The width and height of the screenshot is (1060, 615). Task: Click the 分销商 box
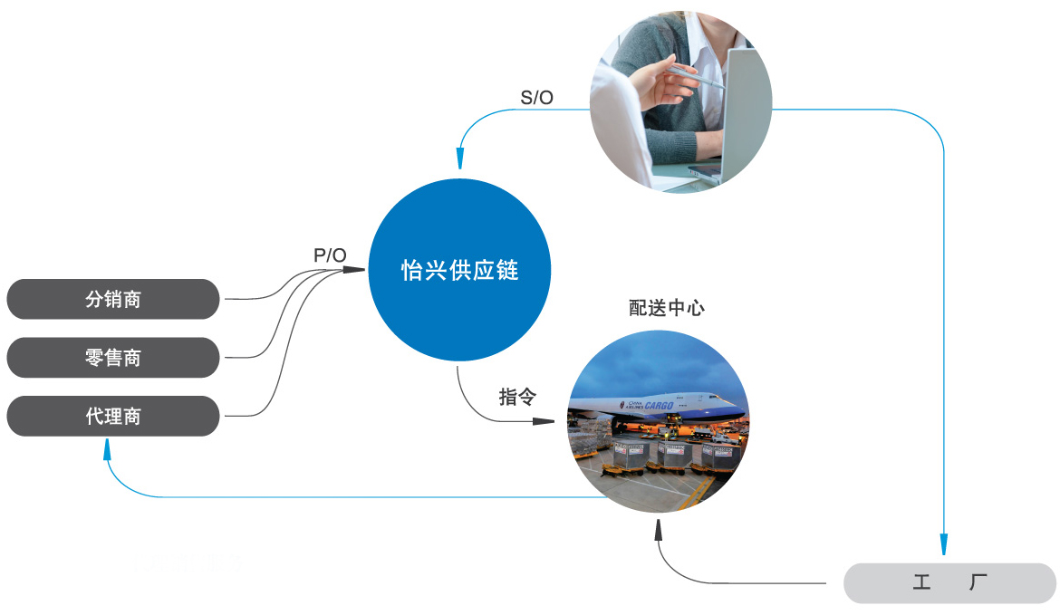113,299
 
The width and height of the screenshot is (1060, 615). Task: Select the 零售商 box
113,358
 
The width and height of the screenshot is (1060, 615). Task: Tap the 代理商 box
113,417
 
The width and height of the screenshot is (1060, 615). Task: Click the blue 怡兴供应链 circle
460,270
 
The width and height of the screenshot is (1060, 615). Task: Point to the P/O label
330,255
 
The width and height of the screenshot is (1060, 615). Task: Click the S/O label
536,98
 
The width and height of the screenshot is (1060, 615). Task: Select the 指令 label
517,397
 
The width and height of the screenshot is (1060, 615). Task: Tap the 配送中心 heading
667,308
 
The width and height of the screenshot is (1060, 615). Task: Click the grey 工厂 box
949,582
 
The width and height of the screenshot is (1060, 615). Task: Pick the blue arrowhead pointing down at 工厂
944,545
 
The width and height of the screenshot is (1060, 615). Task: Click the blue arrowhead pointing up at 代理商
108,448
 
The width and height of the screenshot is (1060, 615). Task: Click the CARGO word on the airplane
659,405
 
